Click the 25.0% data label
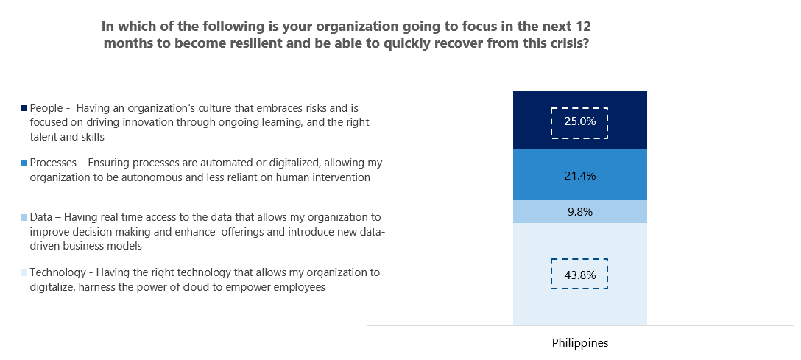point(579,122)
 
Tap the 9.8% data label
point(579,212)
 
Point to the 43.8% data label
point(579,276)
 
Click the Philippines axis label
point(580,343)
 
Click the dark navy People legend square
point(24,108)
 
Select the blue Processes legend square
point(24,163)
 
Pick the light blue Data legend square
point(24,218)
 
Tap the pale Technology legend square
point(24,273)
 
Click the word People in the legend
point(46,108)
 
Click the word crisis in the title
point(570,43)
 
